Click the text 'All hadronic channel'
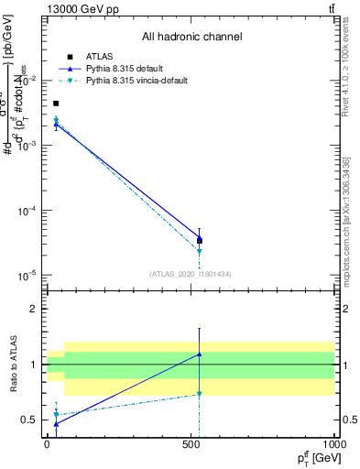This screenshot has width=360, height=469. pos(191,38)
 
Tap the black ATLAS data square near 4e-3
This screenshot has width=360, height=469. pos(56,104)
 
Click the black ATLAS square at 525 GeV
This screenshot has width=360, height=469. pos(200,241)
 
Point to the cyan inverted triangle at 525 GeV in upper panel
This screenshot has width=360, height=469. pos(200,251)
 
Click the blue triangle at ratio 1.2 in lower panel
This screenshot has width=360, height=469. pos(200,354)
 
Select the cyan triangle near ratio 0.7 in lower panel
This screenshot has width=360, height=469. pos(200,395)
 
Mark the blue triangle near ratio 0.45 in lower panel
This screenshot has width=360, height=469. pos(56,424)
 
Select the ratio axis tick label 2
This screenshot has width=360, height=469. pos(35,309)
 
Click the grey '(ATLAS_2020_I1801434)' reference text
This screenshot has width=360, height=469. pos(191,274)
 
